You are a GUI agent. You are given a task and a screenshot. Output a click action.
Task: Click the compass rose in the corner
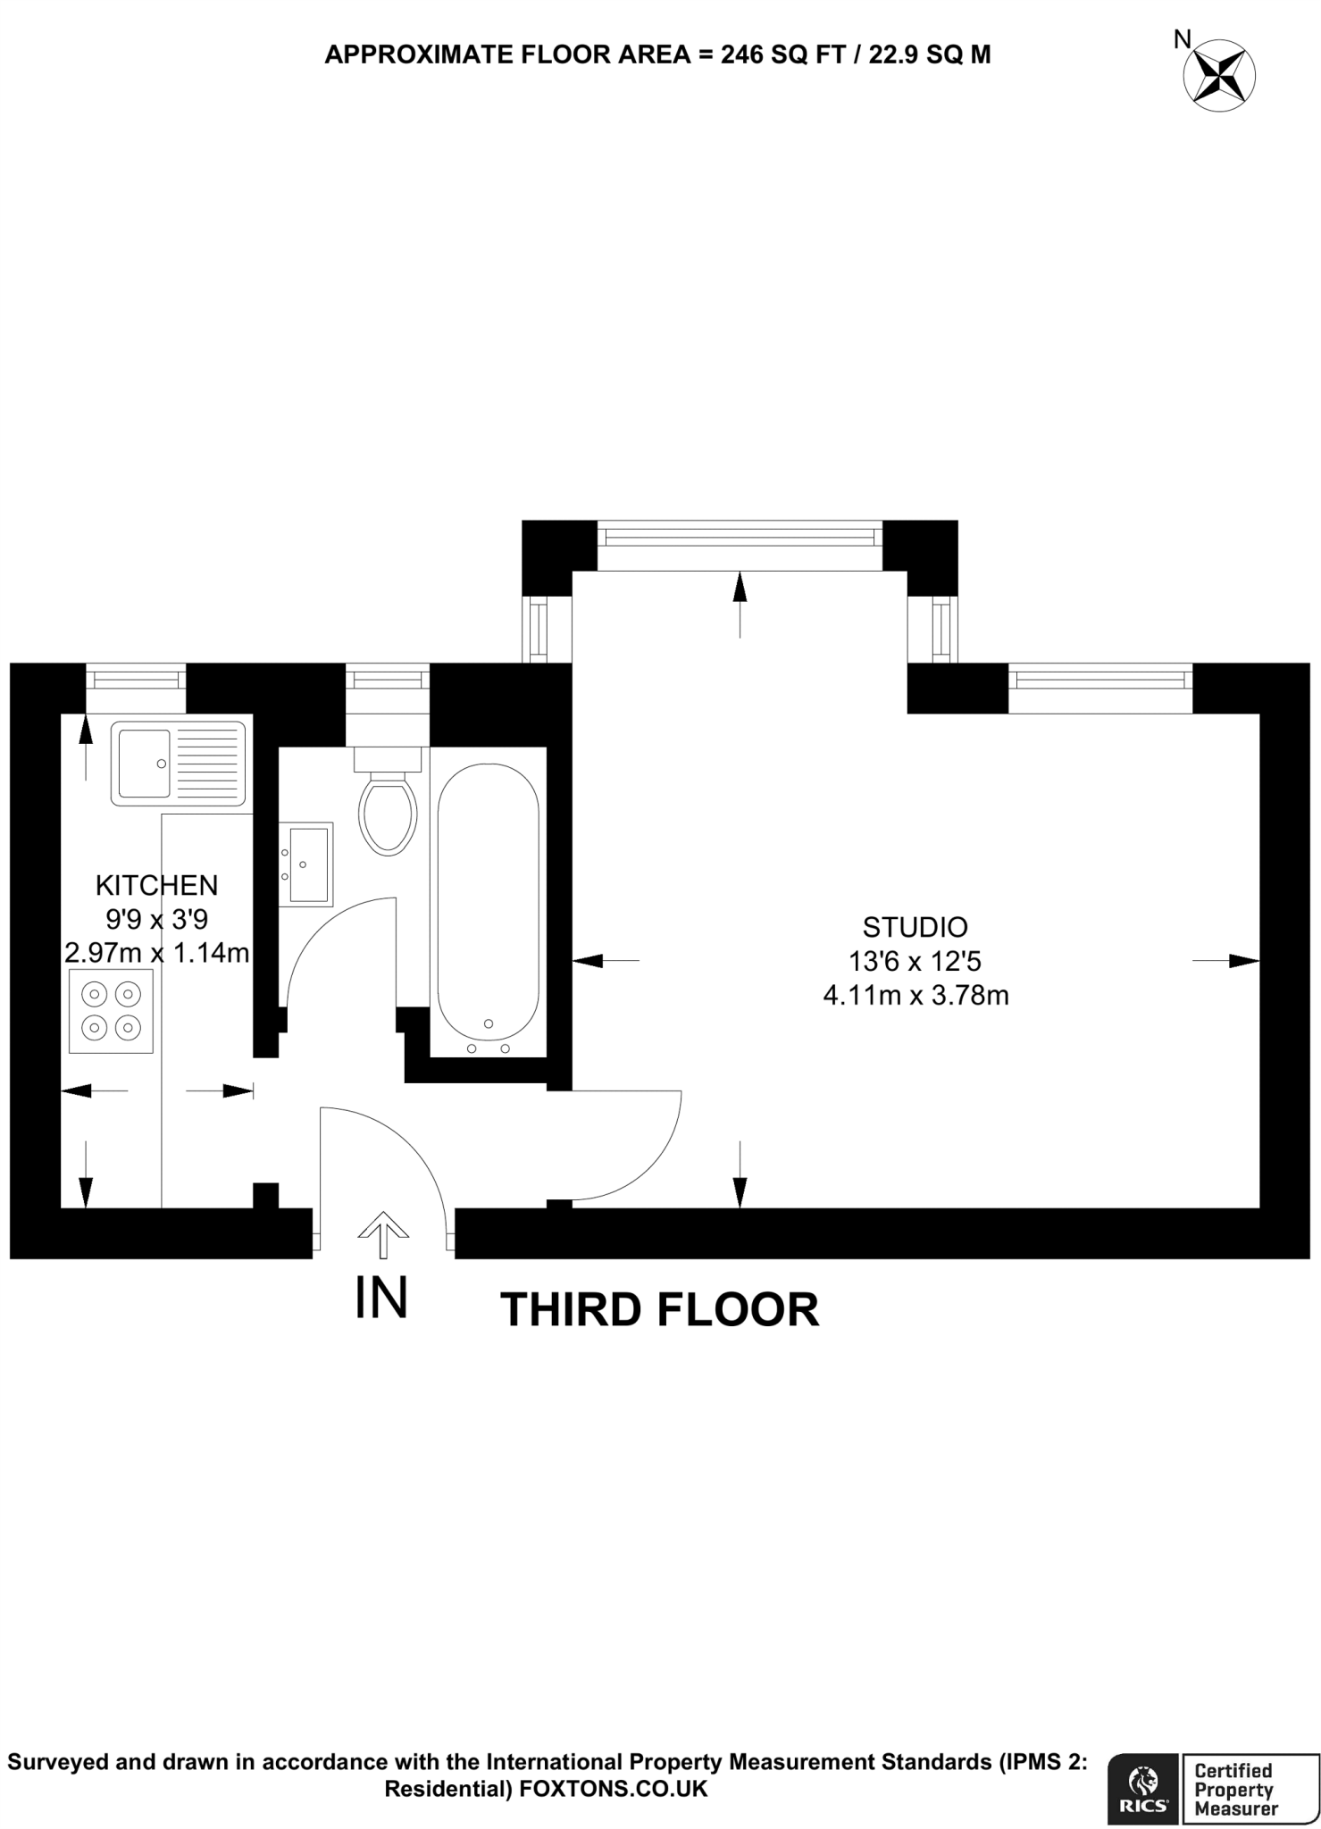click(x=1218, y=75)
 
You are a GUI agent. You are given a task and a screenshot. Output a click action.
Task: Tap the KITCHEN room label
click(x=156, y=885)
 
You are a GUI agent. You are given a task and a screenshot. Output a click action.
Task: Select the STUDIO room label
click(x=915, y=926)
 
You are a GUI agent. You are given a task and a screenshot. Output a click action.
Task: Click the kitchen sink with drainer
click(x=179, y=764)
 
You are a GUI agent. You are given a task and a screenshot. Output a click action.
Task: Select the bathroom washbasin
click(x=306, y=864)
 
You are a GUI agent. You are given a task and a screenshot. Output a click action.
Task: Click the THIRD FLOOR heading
click(x=659, y=1310)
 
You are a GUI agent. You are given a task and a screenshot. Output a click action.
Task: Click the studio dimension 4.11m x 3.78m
click(x=916, y=995)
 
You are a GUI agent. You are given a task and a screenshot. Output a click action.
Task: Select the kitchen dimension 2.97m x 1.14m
click(x=156, y=952)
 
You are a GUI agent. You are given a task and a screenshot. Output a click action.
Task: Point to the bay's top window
click(x=739, y=537)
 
